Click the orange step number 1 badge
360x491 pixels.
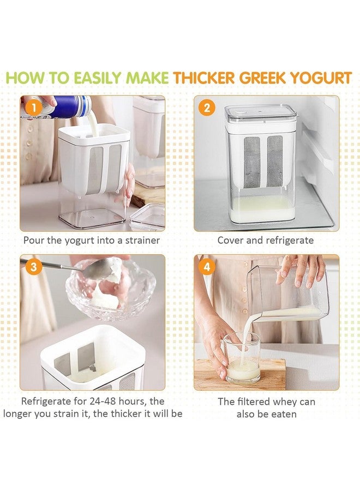pyautogui.click(x=33, y=109)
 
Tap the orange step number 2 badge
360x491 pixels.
pyautogui.click(x=207, y=109)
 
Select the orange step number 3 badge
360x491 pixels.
pyautogui.click(x=33, y=267)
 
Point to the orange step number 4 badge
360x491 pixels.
pyautogui.click(x=207, y=267)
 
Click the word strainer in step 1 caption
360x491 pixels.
pyautogui.click(x=142, y=241)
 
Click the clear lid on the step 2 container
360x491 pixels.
pyautogui.click(x=260, y=113)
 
